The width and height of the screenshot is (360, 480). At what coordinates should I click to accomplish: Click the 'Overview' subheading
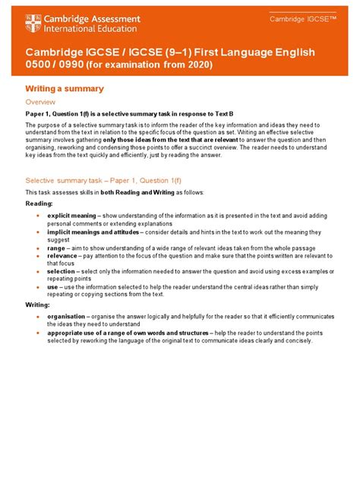click(x=40, y=101)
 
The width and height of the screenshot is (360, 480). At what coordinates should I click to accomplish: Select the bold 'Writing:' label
click(x=38, y=305)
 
